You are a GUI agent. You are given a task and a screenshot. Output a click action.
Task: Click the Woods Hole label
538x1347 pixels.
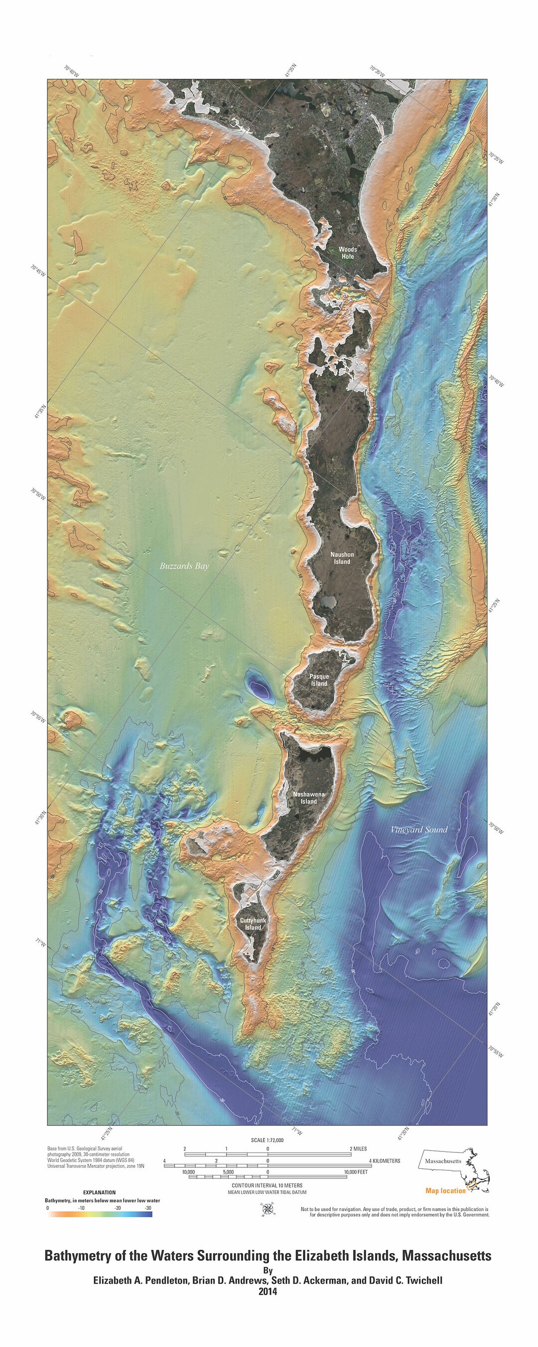click(347, 253)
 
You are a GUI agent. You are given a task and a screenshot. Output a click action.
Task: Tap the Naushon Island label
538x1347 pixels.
click(342, 558)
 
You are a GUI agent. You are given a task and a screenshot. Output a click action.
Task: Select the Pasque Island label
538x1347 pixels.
click(319, 680)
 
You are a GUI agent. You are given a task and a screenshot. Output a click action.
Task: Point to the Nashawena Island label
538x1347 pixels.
click(309, 797)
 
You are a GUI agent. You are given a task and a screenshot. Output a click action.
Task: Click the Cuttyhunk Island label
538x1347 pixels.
click(253, 924)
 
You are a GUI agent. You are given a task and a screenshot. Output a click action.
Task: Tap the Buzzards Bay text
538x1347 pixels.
click(184, 566)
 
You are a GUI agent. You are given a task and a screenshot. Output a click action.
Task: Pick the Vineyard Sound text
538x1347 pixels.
click(419, 829)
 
